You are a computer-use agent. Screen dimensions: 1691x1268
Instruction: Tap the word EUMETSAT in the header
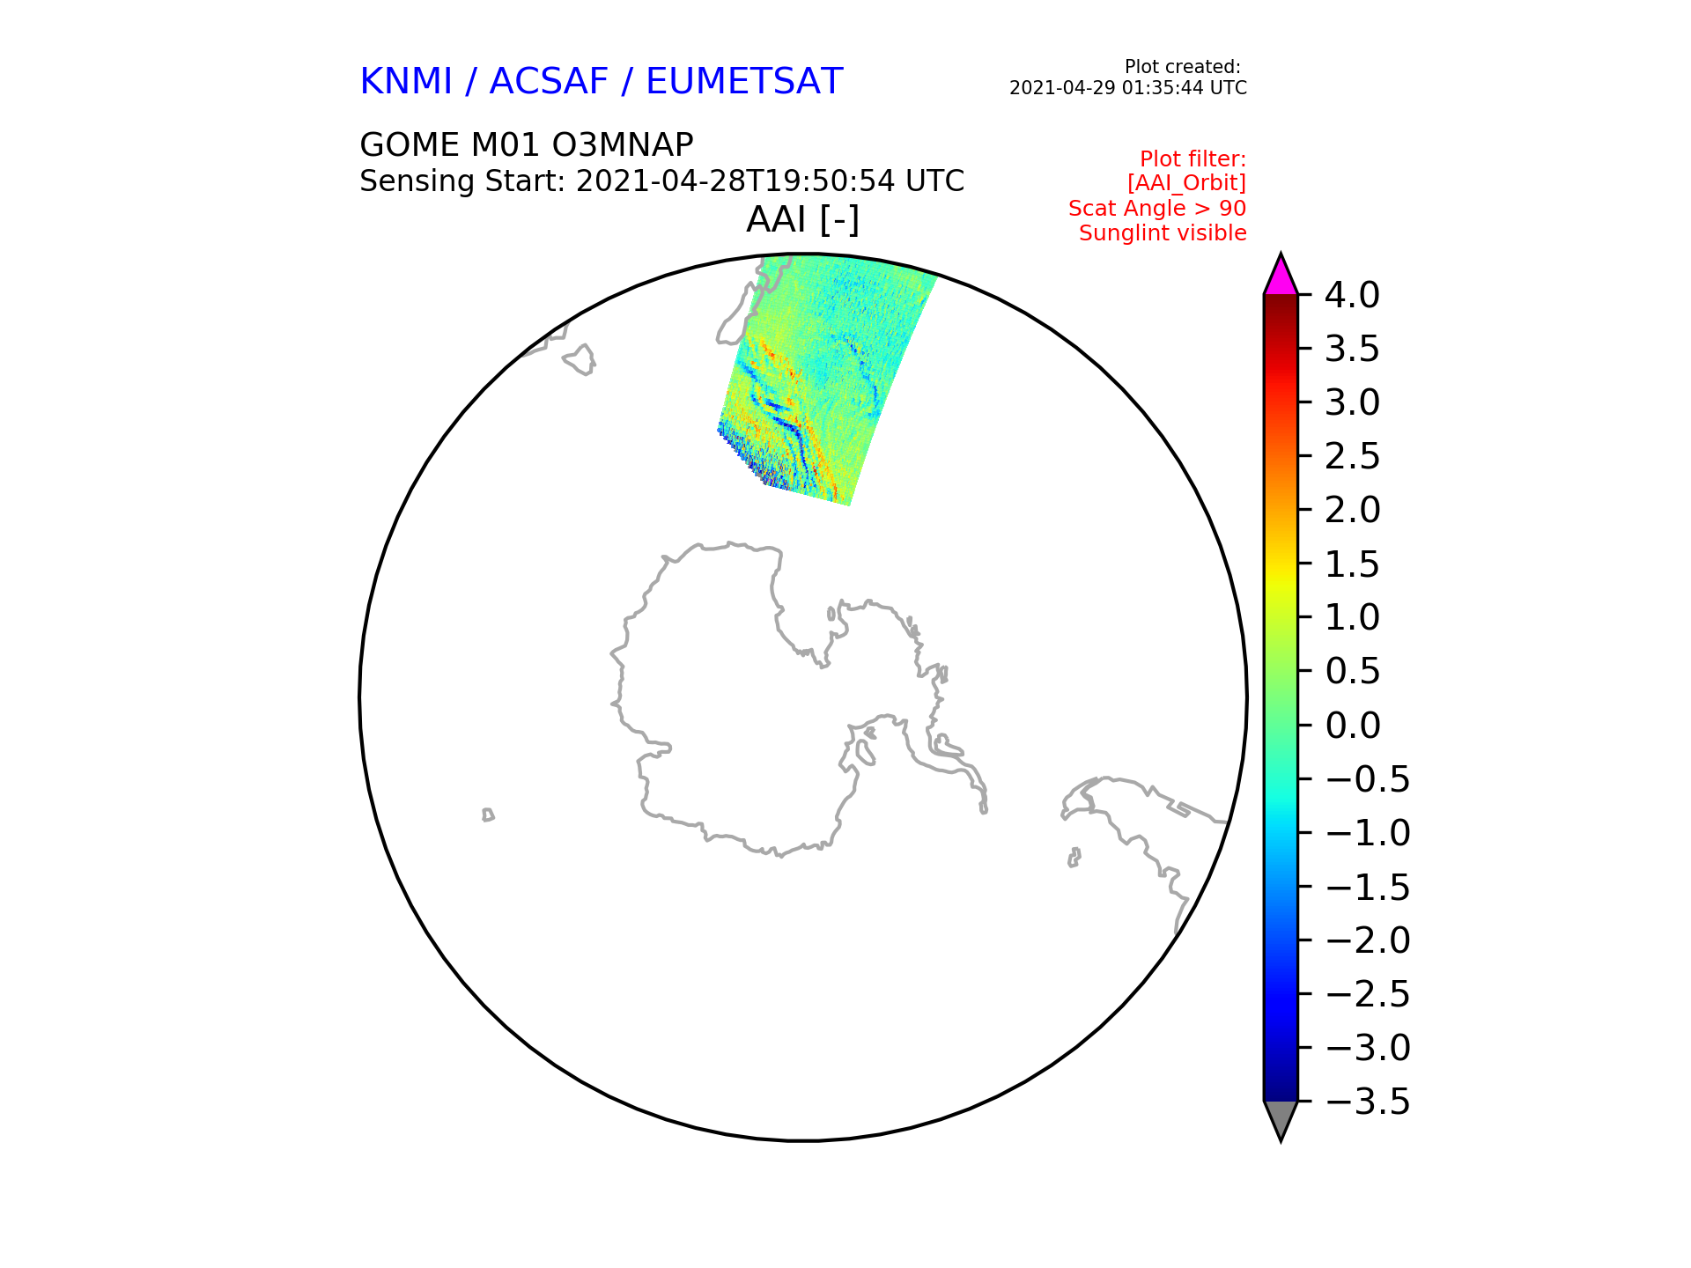click(x=744, y=82)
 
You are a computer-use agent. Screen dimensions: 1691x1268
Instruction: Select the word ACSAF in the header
click(x=549, y=82)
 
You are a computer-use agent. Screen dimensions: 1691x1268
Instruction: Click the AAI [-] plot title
click(x=802, y=219)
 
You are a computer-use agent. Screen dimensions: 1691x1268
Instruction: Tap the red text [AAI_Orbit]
click(x=1186, y=184)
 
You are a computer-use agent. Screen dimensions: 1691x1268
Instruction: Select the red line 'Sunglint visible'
click(x=1163, y=233)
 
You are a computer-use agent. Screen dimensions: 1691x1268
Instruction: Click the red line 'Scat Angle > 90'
click(x=1157, y=209)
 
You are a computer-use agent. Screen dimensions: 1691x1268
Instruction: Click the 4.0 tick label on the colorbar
click(x=1352, y=296)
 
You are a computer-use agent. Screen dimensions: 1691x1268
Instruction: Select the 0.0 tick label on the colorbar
click(x=1352, y=726)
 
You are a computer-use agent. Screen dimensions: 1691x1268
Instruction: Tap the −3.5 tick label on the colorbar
click(x=1368, y=1102)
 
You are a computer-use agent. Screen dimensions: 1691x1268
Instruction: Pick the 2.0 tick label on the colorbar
click(x=1352, y=511)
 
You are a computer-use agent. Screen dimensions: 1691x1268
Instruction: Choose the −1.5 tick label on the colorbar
click(x=1368, y=887)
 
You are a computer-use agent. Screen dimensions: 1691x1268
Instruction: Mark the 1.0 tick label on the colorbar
click(x=1352, y=618)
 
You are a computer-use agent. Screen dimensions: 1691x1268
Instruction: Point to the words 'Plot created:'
click(x=1183, y=67)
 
